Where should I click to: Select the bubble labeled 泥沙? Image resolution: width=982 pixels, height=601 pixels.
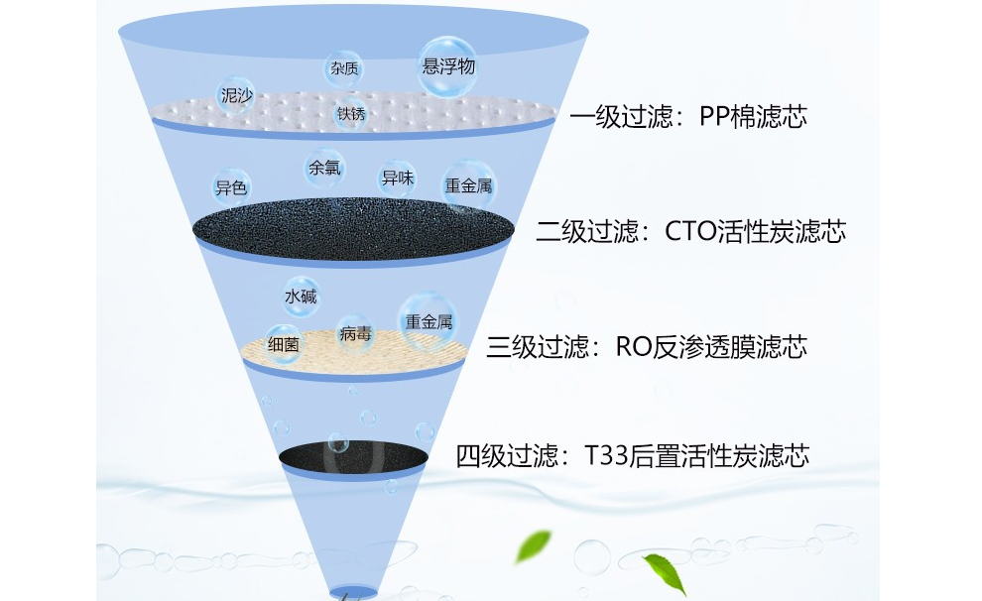[x=236, y=97]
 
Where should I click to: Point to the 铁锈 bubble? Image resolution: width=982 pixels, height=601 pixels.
[x=351, y=114]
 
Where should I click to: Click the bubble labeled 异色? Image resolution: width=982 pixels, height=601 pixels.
[x=231, y=186]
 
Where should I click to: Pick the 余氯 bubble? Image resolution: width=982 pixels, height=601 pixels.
[x=324, y=168]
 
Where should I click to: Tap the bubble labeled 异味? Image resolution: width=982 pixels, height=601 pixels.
[x=397, y=179]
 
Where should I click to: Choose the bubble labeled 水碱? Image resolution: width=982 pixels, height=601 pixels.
[x=301, y=296]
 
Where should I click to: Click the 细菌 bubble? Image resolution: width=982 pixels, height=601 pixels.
[x=284, y=344]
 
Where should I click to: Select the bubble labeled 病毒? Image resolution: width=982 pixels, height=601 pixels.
[x=354, y=335]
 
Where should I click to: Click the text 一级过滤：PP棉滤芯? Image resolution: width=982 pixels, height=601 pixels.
[x=688, y=117]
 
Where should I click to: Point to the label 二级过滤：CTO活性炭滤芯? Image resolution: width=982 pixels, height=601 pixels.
[x=690, y=232]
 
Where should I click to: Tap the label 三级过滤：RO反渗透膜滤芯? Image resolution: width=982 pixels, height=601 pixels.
[x=647, y=347]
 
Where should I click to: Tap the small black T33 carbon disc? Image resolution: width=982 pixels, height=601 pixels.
[x=354, y=456]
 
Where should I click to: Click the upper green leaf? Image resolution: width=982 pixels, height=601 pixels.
[x=537, y=542]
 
